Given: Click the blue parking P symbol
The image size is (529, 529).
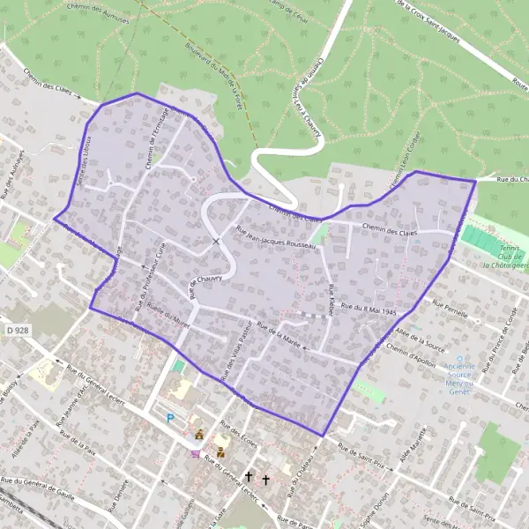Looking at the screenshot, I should [x=169, y=418].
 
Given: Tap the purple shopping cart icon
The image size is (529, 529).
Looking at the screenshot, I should [x=196, y=454].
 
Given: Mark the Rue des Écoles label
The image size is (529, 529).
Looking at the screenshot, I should [x=242, y=438].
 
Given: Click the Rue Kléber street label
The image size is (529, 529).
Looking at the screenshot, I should [x=332, y=300].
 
